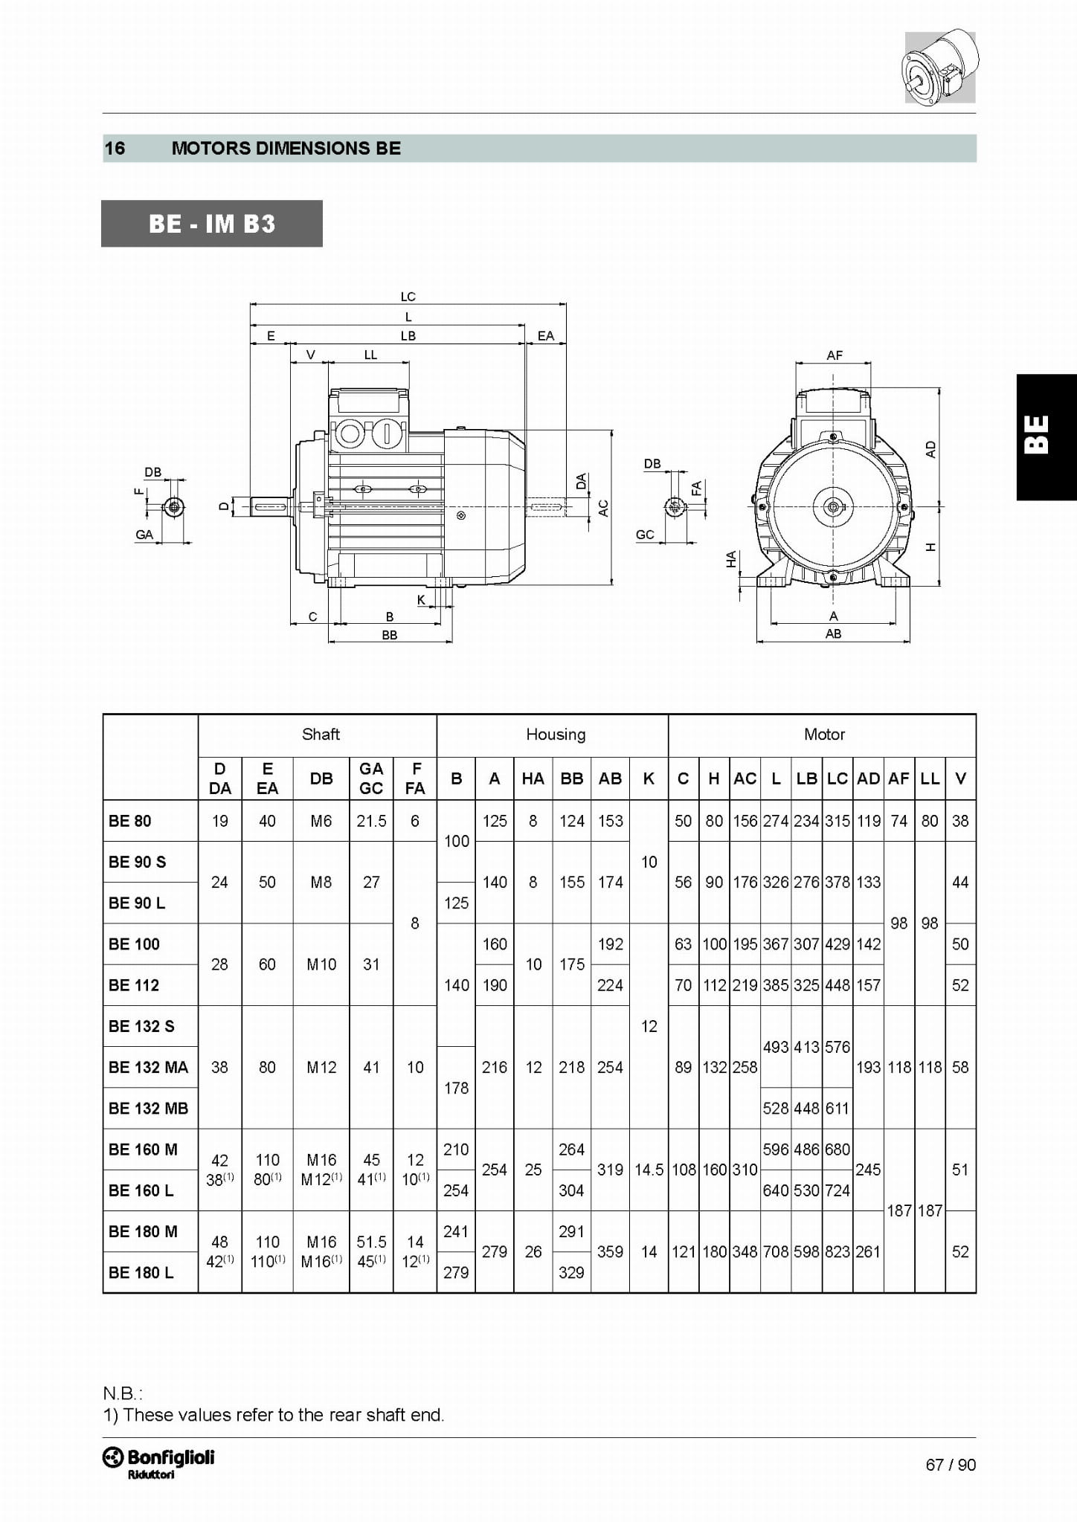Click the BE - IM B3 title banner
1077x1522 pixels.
212,223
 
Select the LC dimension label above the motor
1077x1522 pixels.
408,296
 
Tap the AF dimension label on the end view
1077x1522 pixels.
835,355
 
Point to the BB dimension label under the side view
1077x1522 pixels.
390,635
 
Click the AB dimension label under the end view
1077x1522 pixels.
833,633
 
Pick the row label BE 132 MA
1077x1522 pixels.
148,1067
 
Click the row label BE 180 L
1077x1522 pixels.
141,1272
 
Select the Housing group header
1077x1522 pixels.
556,735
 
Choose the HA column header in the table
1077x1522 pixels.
533,778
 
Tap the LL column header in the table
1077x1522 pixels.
930,778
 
